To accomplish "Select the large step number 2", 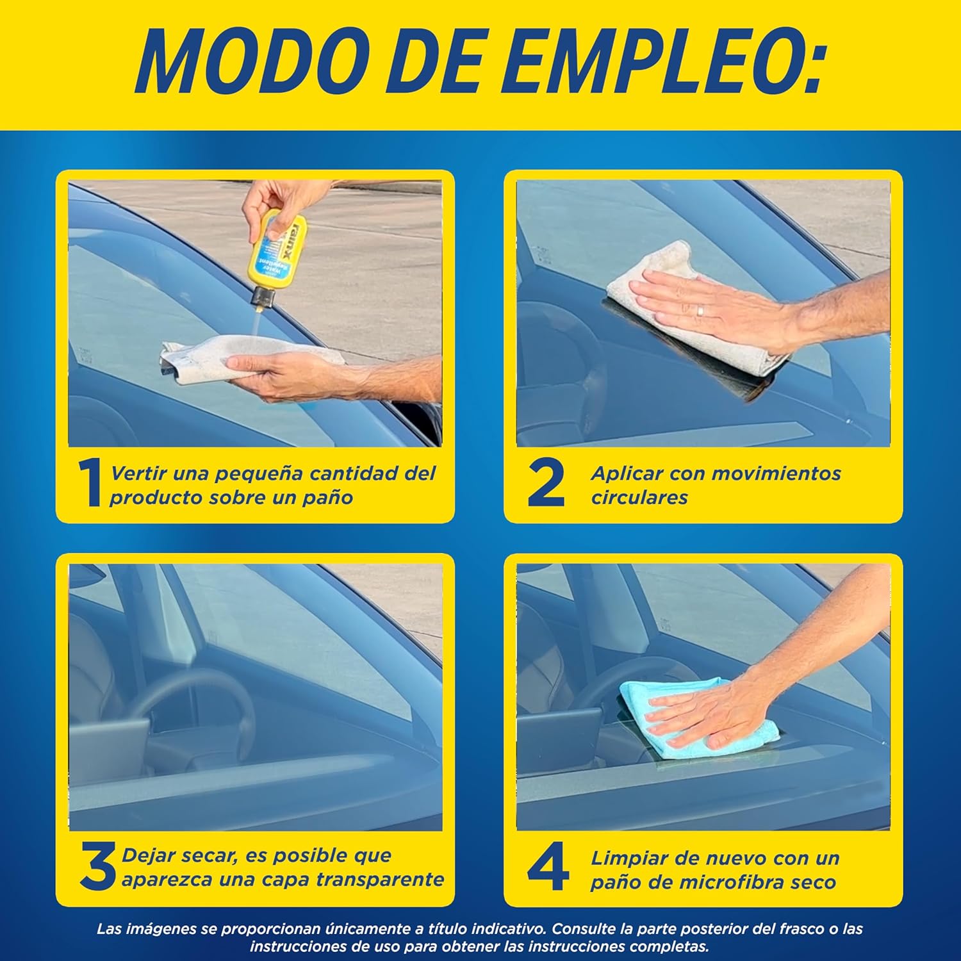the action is (x=546, y=484).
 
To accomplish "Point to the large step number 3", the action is (x=99, y=867).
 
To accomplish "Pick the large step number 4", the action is (x=548, y=867).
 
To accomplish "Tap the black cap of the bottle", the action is (x=263, y=298).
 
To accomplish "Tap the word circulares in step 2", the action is (x=639, y=498).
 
